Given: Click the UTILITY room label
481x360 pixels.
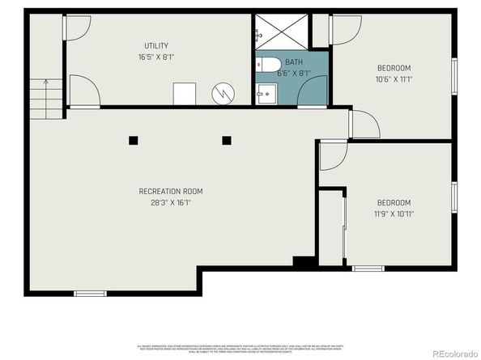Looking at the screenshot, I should point(156,46).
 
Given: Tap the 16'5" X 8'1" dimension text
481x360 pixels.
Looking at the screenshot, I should point(156,57).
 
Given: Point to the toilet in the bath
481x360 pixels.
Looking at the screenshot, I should point(269,64).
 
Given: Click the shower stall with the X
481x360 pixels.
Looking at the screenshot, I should point(281,32).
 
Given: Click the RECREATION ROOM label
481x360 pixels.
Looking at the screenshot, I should point(171,192).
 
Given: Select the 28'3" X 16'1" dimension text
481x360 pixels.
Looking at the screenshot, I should point(171,203).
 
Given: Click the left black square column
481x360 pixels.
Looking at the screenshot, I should point(133,140).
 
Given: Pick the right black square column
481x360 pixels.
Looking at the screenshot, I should point(227,140).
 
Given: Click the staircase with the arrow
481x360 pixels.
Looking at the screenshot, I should point(46,99).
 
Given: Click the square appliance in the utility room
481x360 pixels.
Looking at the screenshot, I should point(184,93).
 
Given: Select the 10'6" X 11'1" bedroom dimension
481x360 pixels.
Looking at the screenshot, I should point(394,79).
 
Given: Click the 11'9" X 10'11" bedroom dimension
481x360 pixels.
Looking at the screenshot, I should point(394,214).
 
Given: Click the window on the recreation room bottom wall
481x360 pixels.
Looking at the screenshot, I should point(89,293).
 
